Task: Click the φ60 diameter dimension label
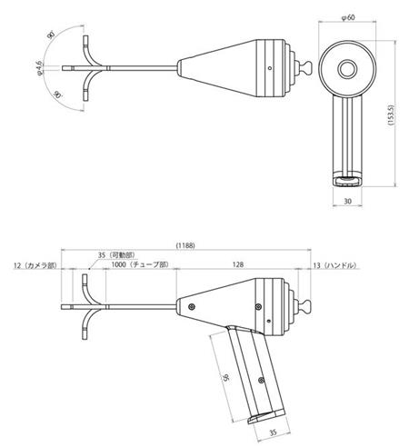click(348, 17)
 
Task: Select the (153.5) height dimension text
click(391, 115)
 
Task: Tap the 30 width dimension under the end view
click(348, 201)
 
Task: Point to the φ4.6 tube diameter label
click(39, 68)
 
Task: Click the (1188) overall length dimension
click(185, 245)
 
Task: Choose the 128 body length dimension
click(238, 264)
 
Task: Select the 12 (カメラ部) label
click(35, 265)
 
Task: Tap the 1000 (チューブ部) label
click(140, 264)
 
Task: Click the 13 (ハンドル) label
click(334, 265)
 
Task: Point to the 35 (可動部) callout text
click(116, 255)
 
